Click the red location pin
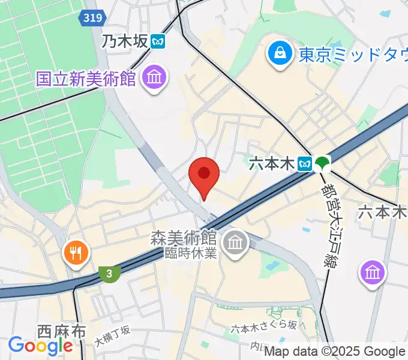tap(204, 175)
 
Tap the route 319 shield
tap(92, 18)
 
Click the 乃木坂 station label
tap(124, 41)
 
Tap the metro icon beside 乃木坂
tap(158, 41)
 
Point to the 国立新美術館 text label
tap(86, 78)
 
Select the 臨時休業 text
tap(191, 253)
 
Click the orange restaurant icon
tap(75, 253)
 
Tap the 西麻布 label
tap(61, 331)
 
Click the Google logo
tap(40, 346)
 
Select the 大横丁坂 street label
tap(112, 339)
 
